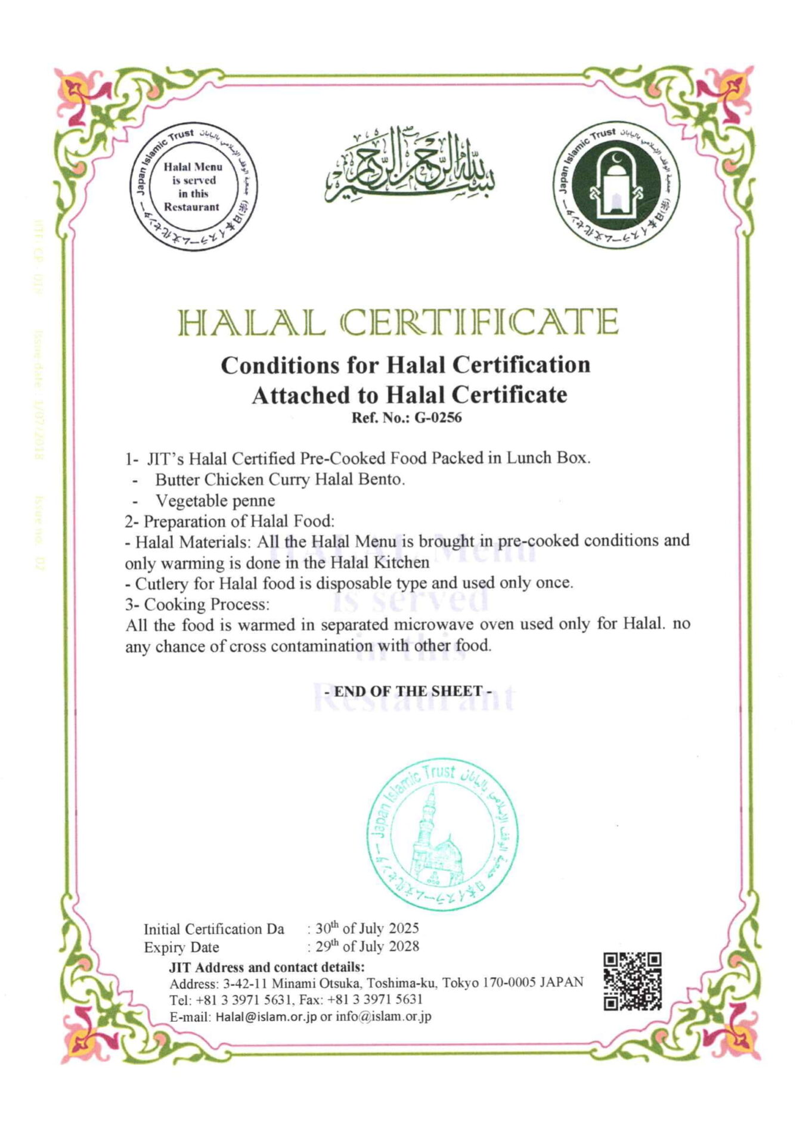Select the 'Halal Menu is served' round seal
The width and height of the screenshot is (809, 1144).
192,187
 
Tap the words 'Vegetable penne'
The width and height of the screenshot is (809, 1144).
215,500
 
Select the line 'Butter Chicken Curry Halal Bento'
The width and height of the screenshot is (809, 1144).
280,480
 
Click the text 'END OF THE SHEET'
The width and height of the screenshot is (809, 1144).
408,691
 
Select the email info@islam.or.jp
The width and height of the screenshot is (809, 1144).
383,1017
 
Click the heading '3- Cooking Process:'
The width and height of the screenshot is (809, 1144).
197,604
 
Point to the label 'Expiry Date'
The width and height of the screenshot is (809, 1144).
181,947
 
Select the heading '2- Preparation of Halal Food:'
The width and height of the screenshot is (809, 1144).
230,521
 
